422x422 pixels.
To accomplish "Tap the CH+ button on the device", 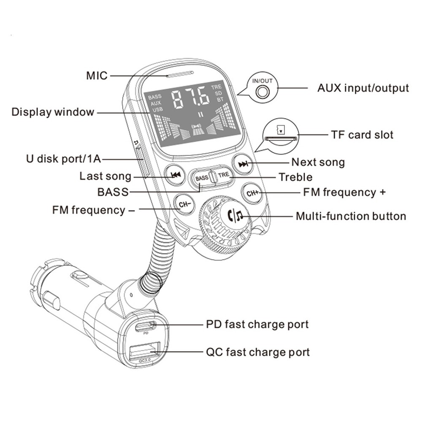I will (253, 193).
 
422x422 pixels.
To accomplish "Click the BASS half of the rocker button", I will (202, 178).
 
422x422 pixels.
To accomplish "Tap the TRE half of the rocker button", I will (224, 175).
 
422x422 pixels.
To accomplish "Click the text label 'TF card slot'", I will (362, 135).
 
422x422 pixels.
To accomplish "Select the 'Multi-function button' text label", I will (351, 216).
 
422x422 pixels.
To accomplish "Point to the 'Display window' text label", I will (53, 112).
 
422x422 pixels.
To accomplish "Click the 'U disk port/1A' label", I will (62, 159).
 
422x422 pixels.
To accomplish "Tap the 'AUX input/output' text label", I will (363, 88).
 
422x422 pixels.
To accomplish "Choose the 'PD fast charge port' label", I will (257, 325).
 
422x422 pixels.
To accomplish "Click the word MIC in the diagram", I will (97, 76).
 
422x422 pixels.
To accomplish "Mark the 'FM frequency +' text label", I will (344, 192).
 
